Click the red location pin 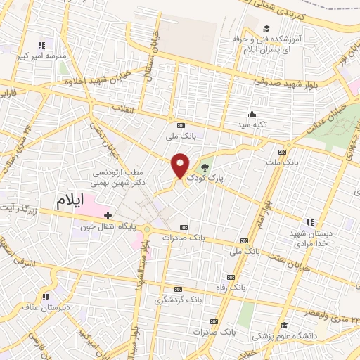point(181,166)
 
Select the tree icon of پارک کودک point(205,167)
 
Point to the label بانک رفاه point(229,288)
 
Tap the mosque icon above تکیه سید point(251,114)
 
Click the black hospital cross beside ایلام point(108,215)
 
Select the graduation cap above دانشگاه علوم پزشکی point(284,324)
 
